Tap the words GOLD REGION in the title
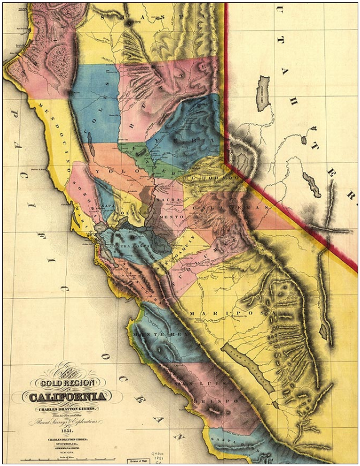coord(64,382)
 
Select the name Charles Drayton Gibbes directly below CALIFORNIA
coord(64,408)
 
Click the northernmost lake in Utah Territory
coord(263,93)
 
